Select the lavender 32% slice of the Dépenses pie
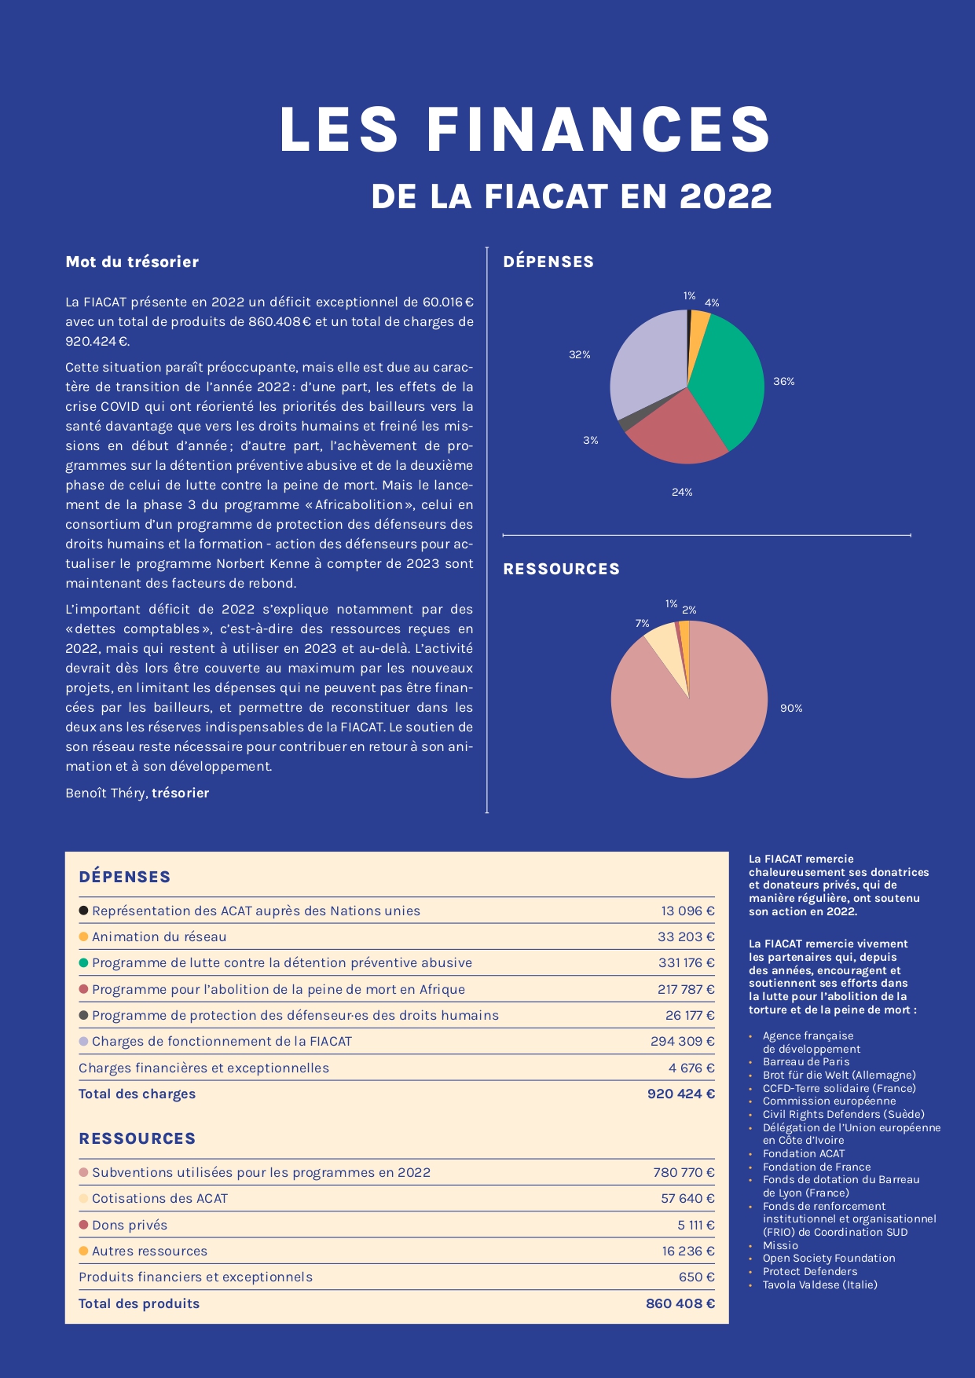[x=648, y=361]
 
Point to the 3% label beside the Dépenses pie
[x=591, y=441]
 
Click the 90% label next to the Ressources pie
[x=791, y=709]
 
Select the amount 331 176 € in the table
[x=686, y=963]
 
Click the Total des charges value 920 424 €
[x=680, y=1094]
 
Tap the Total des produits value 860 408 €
[x=680, y=1303]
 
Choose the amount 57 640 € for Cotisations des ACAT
[x=687, y=1199]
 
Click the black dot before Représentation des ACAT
[x=83, y=911]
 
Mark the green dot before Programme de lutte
[x=83, y=962]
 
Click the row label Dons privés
[x=130, y=1225]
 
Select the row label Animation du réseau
[x=159, y=937]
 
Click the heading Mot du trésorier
[x=132, y=262]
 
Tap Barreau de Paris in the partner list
[x=806, y=1062]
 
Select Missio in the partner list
[x=780, y=1245]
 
